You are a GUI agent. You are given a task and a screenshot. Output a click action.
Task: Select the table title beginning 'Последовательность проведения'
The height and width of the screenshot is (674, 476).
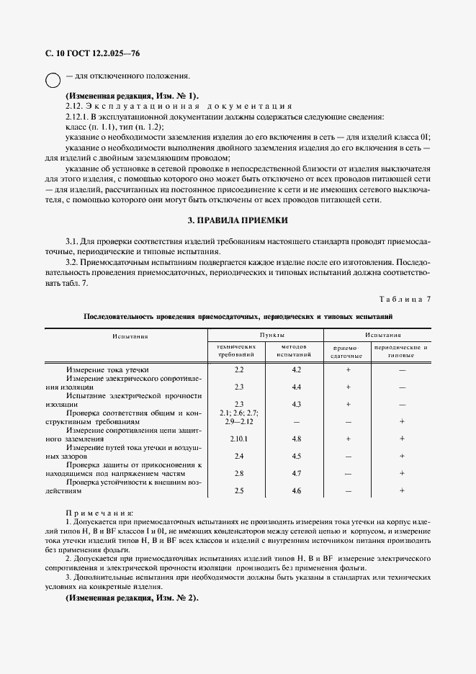[x=238, y=316]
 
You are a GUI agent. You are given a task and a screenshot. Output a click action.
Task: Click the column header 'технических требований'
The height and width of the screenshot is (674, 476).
[x=237, y=351]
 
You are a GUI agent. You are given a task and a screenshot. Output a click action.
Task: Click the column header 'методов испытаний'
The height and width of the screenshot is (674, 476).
[x=294, y=351]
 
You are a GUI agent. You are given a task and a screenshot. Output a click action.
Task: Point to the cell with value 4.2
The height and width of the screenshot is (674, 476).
[x=296, y=369]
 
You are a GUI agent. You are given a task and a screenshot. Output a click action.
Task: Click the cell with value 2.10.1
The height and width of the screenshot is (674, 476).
[x=239, y=439]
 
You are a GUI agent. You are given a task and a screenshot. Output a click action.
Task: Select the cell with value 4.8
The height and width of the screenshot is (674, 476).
[x=296, y=439]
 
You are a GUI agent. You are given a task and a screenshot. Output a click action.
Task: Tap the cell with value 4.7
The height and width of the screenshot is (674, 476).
[x=296, y=473]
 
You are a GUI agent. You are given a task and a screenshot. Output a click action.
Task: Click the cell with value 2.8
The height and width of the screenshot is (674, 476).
[x=239, y=473]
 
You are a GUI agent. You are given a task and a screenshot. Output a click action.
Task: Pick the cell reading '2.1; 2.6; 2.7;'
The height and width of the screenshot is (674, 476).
[x=239, y=412]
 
